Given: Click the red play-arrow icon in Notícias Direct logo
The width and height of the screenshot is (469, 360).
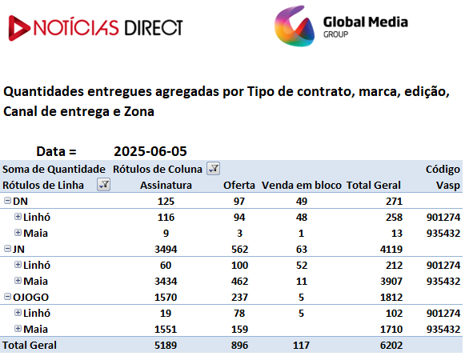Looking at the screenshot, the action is (18, 28).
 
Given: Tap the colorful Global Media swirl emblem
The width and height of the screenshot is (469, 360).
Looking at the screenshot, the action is (295, 26).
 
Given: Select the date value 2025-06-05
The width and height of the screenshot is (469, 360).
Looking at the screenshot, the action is (150, 151).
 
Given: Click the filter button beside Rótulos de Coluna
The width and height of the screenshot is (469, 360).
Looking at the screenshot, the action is (214, 169).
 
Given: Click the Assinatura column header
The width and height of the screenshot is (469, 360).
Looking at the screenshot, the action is (166, 186).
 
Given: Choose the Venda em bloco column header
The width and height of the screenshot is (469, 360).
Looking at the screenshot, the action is (302, 186).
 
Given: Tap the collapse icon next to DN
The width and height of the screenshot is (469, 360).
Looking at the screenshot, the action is (7, 201).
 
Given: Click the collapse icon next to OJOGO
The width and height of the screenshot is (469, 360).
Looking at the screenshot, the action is (7, 297).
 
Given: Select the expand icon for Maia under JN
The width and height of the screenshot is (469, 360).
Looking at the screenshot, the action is (18, 281).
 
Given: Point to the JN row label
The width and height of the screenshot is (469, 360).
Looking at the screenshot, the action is (18, 249).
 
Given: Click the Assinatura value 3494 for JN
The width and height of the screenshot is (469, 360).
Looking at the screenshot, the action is (166, 250).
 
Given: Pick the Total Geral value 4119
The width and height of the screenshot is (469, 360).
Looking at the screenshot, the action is (391, 250).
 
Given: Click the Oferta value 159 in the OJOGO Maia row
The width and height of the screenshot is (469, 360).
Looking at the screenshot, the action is (239, 330).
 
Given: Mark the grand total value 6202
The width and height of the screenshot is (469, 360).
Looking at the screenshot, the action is (391, 346).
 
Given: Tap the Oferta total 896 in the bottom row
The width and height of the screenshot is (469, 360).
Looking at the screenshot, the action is (239, 346).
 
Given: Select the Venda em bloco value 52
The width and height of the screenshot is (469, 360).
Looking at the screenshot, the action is (302, 266).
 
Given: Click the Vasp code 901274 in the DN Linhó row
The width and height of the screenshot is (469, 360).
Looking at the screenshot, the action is (443, 218).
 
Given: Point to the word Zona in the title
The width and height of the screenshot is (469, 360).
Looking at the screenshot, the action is (139, 111).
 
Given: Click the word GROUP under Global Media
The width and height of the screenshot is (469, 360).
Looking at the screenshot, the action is (335, 34).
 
